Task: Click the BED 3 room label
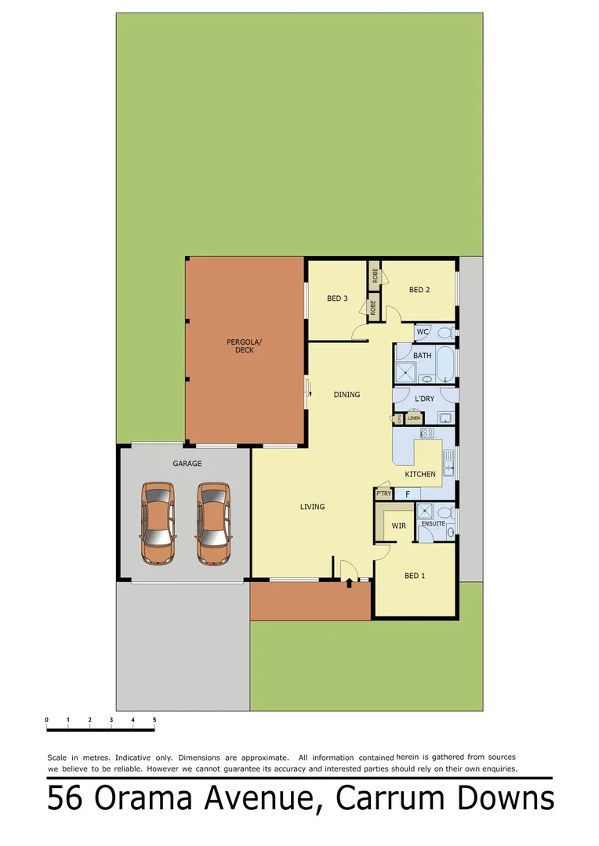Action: point(337,298)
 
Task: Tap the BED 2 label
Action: point(419,290)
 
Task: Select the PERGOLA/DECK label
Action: point(240,345)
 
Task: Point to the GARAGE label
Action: point(187,464)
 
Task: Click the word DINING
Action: point(347,394)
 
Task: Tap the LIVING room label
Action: point(312,507)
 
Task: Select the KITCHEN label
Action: point(420,474)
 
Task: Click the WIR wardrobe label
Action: point(398,526)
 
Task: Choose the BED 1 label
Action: point(414,576)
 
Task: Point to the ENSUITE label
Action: point(433,523)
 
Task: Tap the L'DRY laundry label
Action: point(423,399)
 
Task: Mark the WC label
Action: point(423,331)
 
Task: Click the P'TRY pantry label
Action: point(383,493)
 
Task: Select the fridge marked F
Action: point(408,494)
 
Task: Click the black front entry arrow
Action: point(349,582)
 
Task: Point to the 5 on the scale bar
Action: point(154,719)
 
